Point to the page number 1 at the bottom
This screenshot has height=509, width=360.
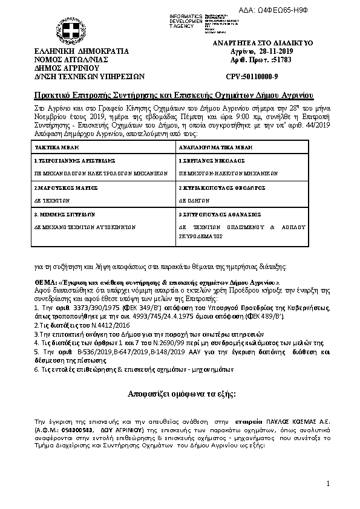tap(327, 484)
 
